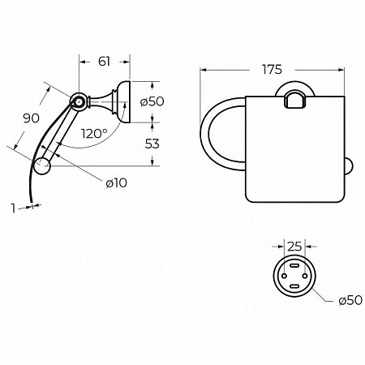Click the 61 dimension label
[x=104, y=62]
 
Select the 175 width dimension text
[x=272, y=70]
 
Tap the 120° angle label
[x=94, y=134]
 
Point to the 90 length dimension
[x=31, y=118]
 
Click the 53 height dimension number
[x=152, y=144]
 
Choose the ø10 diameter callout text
[x=116, y=183]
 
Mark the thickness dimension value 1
[x=13, y=208]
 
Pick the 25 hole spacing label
[x=294, y=247]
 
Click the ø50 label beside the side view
[x=152, y=101]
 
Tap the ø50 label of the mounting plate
[x=350, y=300]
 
